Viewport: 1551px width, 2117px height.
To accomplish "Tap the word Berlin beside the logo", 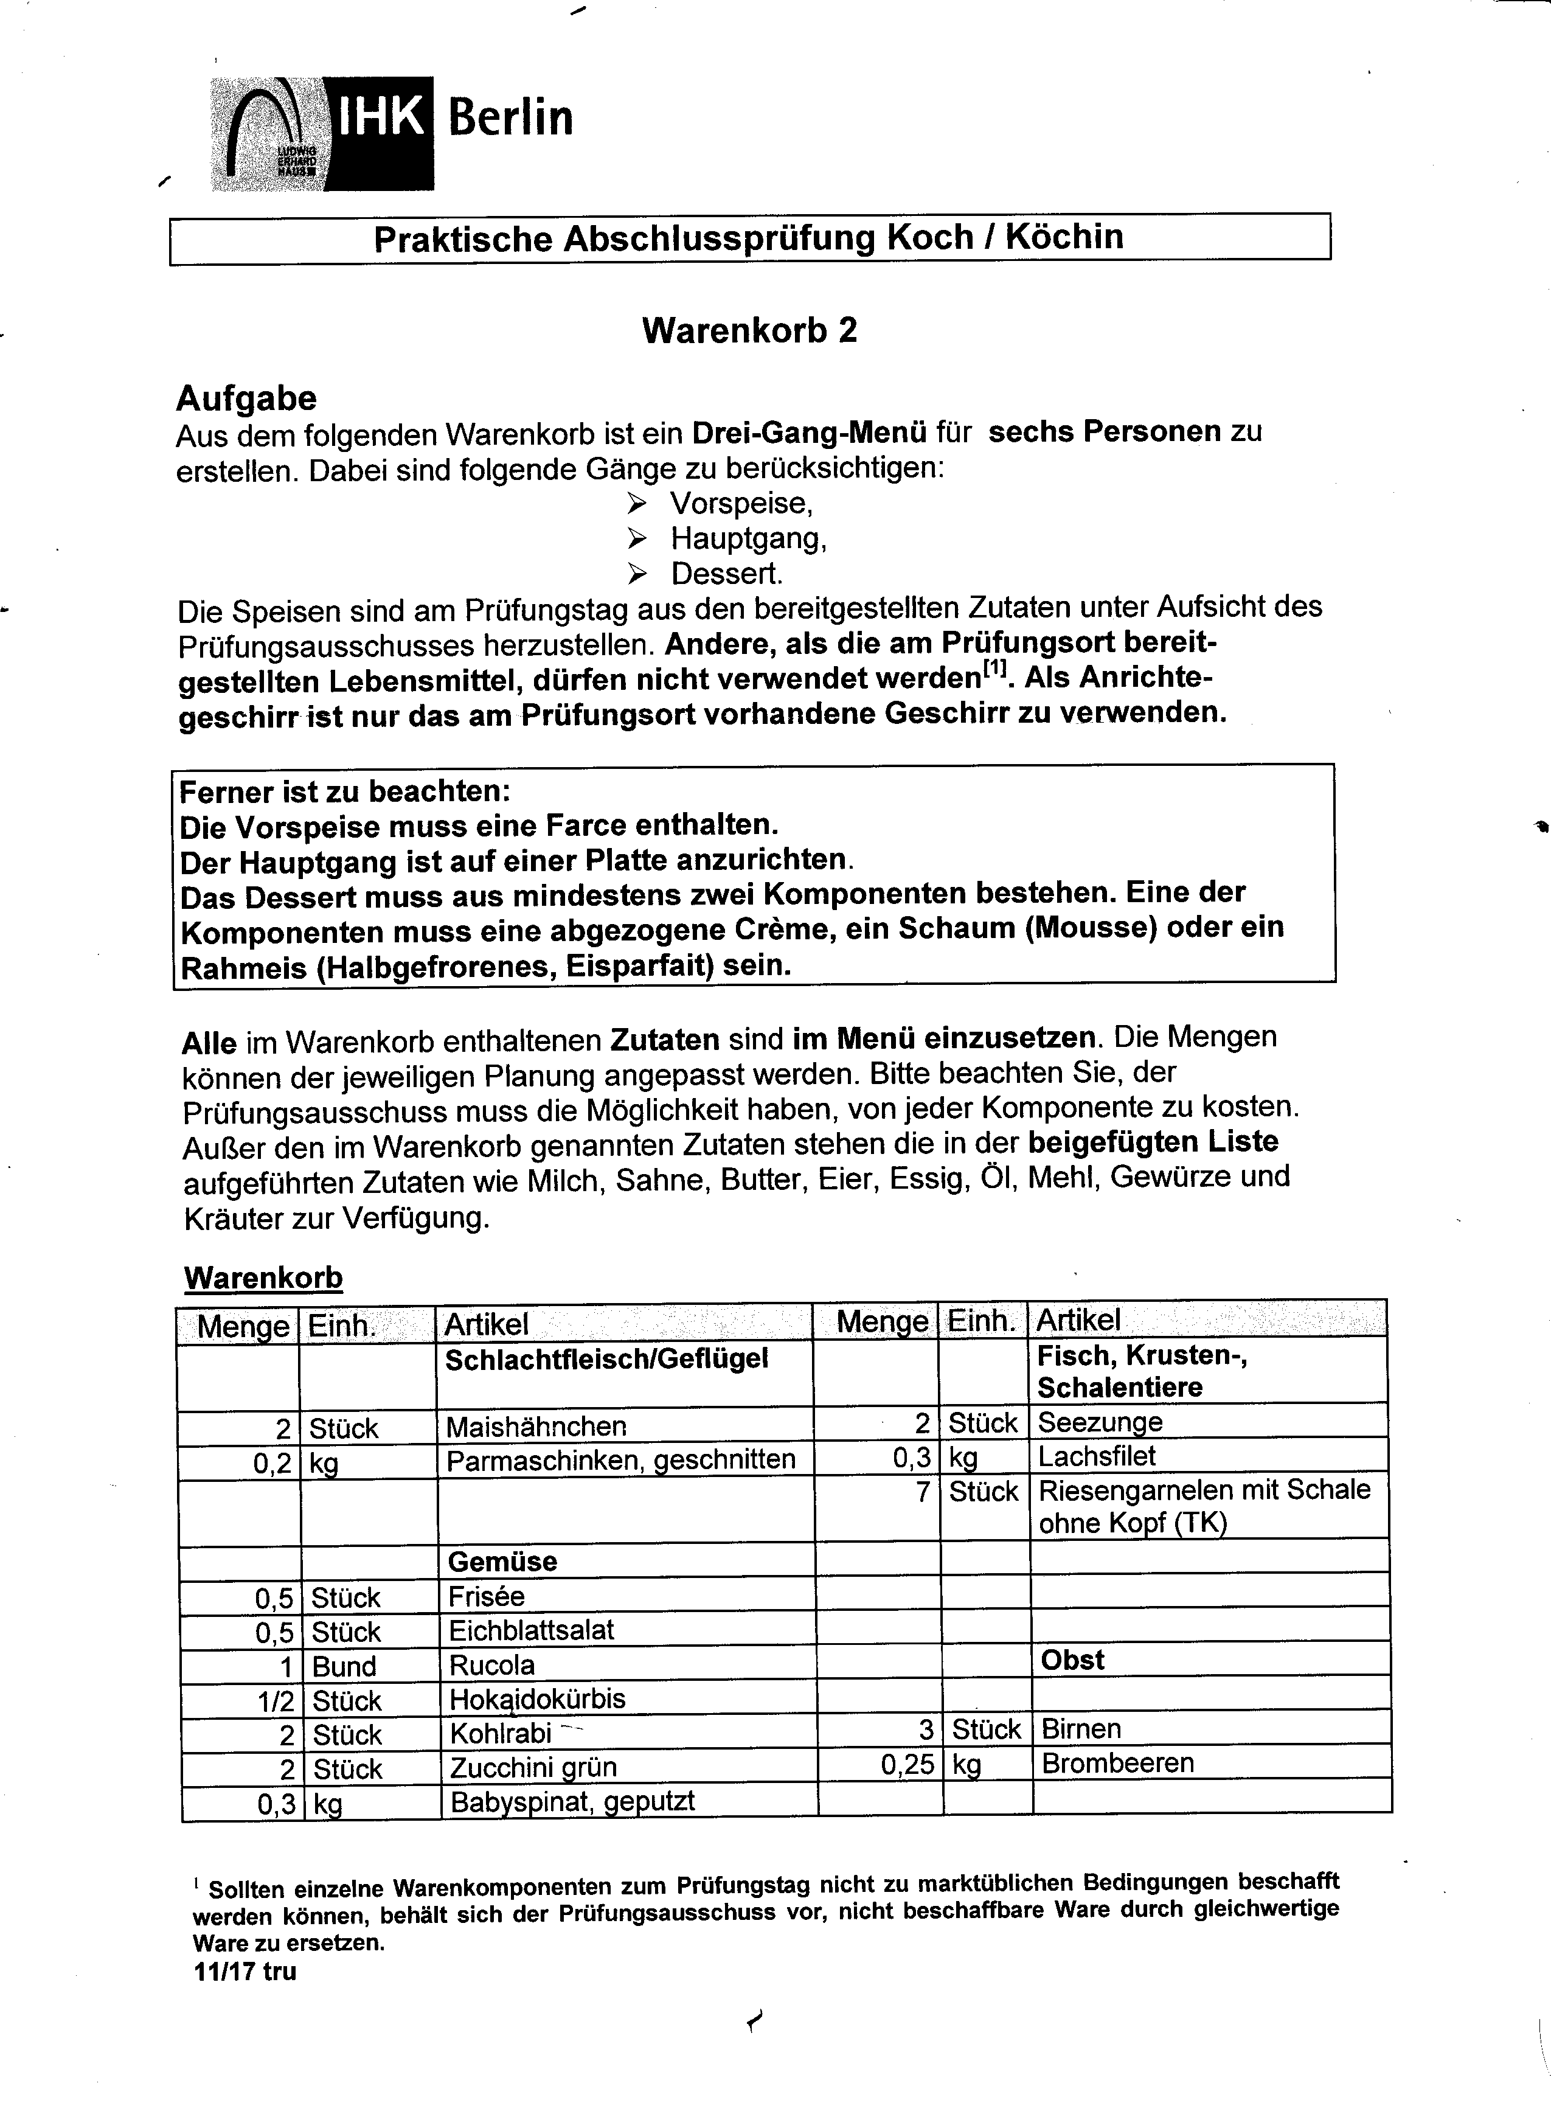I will pos(510,118).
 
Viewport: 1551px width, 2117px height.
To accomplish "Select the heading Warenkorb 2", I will pos(749,330).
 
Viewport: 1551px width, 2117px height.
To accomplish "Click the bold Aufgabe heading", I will pos(246,398).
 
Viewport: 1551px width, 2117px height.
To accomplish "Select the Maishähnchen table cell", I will pos(536,1427).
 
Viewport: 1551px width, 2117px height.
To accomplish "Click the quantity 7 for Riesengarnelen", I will pos(923,1492).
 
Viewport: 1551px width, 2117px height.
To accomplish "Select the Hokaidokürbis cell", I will pos(537,1698).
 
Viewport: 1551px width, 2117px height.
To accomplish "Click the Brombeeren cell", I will pos(1117,1763).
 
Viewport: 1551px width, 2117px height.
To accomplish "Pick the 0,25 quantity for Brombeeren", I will pos(907,1765).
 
